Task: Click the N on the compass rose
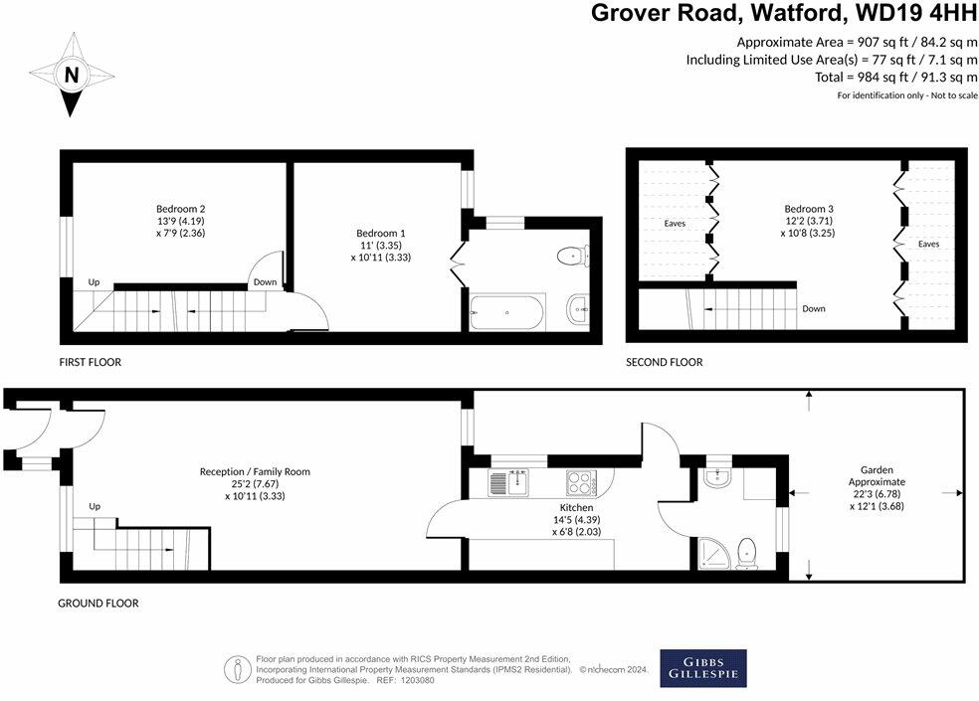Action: click(71, 75)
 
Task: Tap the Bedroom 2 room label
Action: click(181, 223)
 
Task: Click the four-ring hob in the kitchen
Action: click(579, 482)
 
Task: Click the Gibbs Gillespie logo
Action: click(702, 668)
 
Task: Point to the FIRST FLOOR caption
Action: click(91, 362)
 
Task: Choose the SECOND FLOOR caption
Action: click(664, 362)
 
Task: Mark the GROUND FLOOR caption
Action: click(98, 603)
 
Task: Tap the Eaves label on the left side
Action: click(675, 224)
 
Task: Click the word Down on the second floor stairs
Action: click(814, 308)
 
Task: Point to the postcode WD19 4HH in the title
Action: click(913, 13)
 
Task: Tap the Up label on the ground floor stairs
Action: click(96, 506)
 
